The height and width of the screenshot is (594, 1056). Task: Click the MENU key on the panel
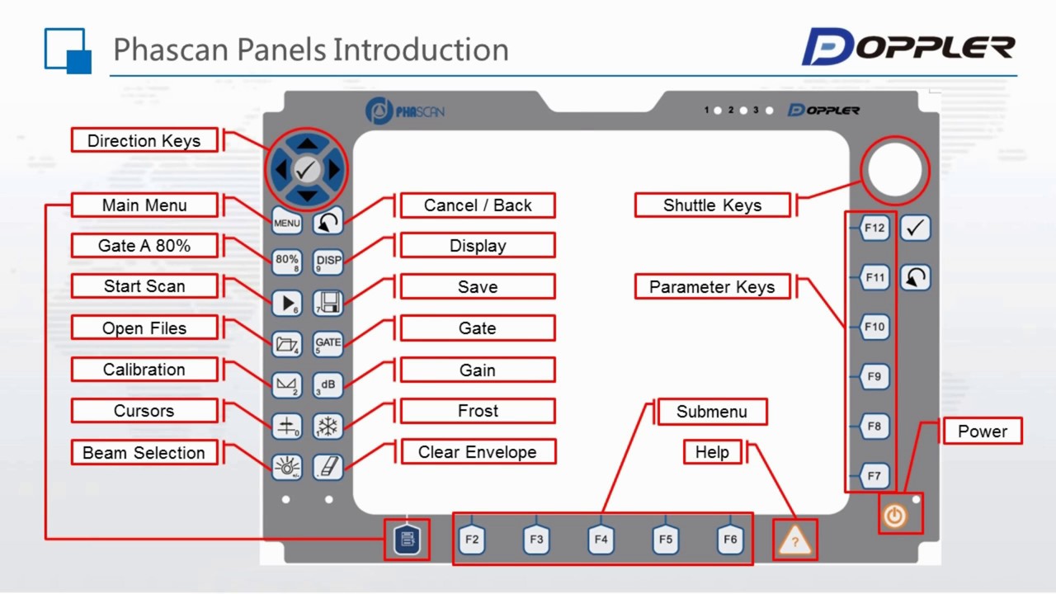(286, 222)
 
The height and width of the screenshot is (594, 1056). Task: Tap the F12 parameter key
(874, 228)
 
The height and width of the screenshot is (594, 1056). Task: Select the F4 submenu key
(601, 540)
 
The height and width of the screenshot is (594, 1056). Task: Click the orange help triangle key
(794, 540)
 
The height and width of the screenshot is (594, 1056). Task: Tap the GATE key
(328, 343)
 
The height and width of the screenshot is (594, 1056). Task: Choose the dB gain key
(328, 384)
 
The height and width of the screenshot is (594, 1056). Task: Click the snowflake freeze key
(328, 427)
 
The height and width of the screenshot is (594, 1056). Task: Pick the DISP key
(328, 262)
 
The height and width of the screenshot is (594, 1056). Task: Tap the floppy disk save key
(328, 303)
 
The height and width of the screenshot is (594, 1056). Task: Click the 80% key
(286, 262)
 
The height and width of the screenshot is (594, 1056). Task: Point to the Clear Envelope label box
(478, 452)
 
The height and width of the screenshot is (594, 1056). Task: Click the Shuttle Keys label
(712, 205)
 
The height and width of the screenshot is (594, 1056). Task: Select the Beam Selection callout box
(144, 453)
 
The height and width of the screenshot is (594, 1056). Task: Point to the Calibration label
(144, 370)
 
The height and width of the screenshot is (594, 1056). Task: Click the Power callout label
(982, 431)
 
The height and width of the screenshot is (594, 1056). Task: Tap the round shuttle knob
(895, 170)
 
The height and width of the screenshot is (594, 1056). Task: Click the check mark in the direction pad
(307, 170)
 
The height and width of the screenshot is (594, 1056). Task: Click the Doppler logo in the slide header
(907, 47)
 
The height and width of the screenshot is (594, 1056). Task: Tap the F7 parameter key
(874, 476)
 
